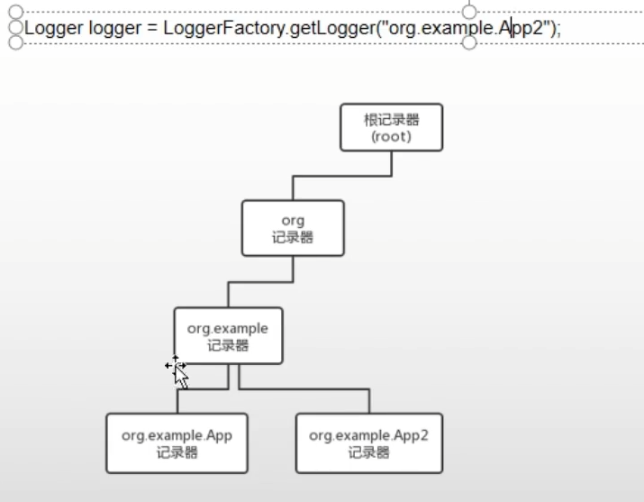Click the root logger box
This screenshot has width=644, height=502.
pyautogui.click(x=392, y=127)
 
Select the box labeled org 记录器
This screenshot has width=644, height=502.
pyautogui.click(x=293, y=228)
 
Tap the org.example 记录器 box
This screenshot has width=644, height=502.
pyautogui.click(x=228, y=335)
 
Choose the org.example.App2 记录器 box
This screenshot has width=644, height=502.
pyautogui.click(x=369, y=443)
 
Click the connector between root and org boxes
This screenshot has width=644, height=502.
pyautogui.click(x=342, y=176)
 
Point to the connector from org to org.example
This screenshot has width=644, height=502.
pyautogui.click(x=261, y=282)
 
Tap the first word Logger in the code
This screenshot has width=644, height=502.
pyautogui.click(x=54, y=28)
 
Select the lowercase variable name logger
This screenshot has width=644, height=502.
pyautogui.click(x=113, y=28)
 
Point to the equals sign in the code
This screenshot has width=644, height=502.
pyautogui.click(x=150, y=28)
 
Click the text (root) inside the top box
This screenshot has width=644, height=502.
pyautogui.click(x=392, y=137)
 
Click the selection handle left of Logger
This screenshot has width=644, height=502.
pyautogui.click(x=14, y=28)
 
